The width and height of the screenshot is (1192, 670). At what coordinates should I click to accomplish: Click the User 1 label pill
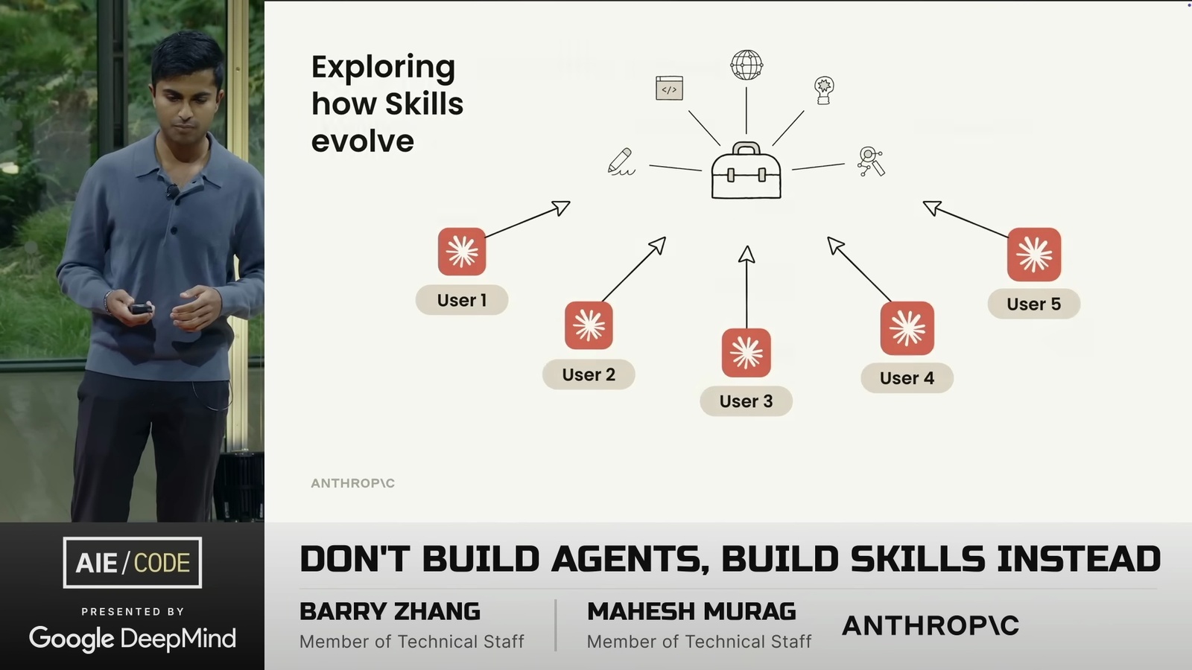coord(462,300)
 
